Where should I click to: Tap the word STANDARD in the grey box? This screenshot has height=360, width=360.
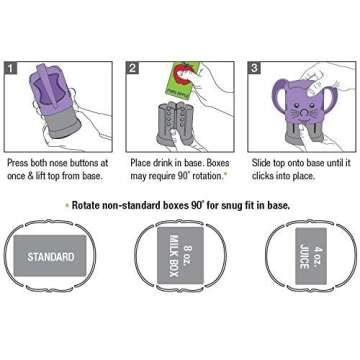(x=50, y=257)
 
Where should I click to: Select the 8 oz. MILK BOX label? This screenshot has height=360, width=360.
(x=180, y=256)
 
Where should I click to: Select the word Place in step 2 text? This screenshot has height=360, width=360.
(x=143, y=160)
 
